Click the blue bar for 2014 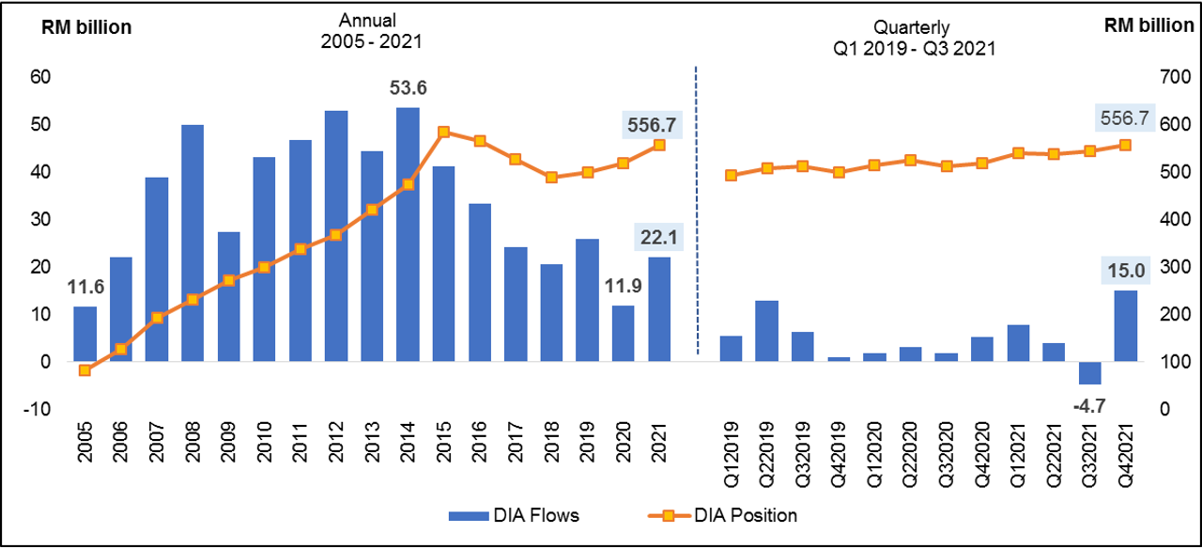click(x=408, y=234)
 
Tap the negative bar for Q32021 click(x=1089, y=372)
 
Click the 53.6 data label click(x=408, y=87)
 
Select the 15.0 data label click(x=1126, y=273)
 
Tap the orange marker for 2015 click(x=444, y=133)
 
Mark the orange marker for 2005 click(x=85, y=370)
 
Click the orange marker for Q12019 click(x=731, y=175)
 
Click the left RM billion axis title click(x=85, y=27)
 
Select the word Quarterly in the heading click(x=905, y=27)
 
